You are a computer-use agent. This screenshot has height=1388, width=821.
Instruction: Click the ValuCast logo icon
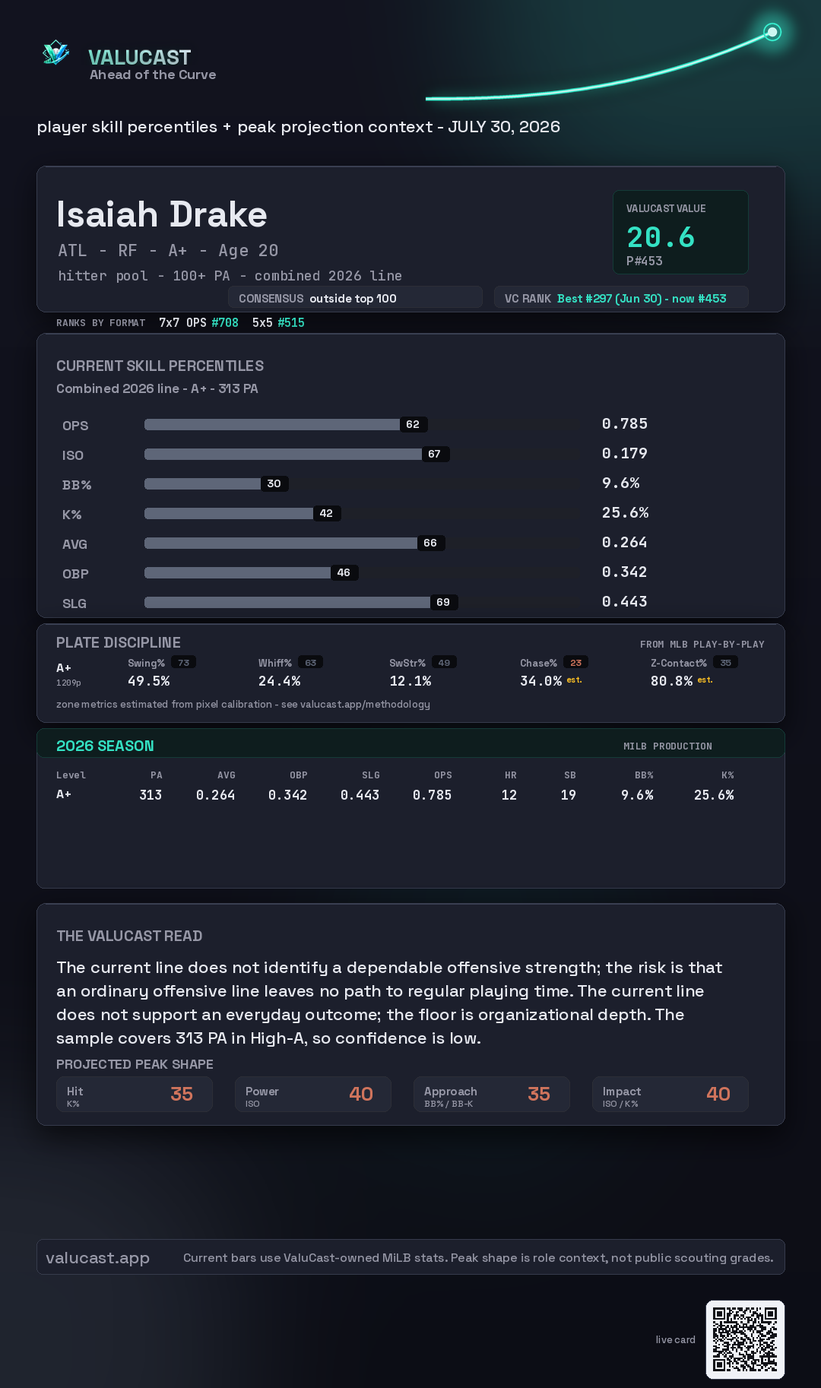click(x=55, y=52)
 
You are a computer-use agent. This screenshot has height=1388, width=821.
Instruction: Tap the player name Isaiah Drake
click(x=162, y=214)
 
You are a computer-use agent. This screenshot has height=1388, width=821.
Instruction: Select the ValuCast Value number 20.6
click(x=661, y=237)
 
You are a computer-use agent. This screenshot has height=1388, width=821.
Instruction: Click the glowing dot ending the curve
click(x=772, y=32)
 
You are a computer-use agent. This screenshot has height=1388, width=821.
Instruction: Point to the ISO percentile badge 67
click(x=434, y=454)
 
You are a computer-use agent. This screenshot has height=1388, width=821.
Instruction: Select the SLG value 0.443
click(x=624, y=601)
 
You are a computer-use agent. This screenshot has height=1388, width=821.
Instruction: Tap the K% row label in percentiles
click(x=71, y=515)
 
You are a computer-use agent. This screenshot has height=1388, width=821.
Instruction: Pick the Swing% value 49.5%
click(x=148, y=681)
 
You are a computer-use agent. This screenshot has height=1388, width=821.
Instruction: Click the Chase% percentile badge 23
click(x=575, y=663)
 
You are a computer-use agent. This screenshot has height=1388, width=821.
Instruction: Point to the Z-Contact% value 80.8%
click(x=671, y=681)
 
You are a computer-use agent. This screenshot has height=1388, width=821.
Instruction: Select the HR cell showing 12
click(x=509, y=795)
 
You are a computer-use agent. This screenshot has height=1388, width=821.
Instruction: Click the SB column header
click(x=569, y=775)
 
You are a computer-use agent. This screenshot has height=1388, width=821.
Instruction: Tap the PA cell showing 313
click(x=151, y=795)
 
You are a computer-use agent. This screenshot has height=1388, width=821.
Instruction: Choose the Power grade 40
click(x=361, y=1094)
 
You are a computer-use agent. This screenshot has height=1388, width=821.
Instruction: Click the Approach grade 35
click(x=539, y=1094)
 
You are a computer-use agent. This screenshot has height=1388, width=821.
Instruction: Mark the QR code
click(x=745, y=1339)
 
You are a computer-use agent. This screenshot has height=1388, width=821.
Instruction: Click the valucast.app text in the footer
click(x=97, y=1258)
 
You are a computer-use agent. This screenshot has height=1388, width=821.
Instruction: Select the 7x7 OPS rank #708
click(x=225, y=322)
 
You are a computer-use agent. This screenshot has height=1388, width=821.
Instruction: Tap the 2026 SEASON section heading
click(x=105, y=746)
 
